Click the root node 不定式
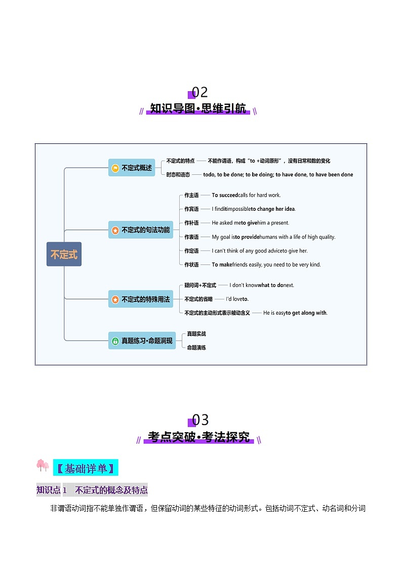pyautogui.click(x=64, y=254)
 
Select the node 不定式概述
pyautogui.click(x=132, y=168)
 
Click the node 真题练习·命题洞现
pyautogui.click(x=142, y=341)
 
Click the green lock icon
pyautogui.click(x=115, y=341)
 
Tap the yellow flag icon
pyautogui.click(x=115, y=168)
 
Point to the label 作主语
pyautogui.click(x=191, y=195)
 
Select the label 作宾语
pyautogui.click(x=191, y=209)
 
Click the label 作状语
pyautogui.click(x=191, y=264)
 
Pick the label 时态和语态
pyautogui.click(x=178, y=175)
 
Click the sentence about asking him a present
pyautogui.click(x=250, y=223)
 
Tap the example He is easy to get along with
pyautogui.click(x=295, y=313)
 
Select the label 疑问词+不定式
pyautogui.click(x=200, y=285)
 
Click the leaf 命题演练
pyautogui.click(x=196, y=348)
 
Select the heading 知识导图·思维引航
pyautogui.click(x=198, y=108)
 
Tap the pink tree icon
pyautogui.click(x=43, y=465)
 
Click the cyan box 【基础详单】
pyautogui.click(x=85, y=468)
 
